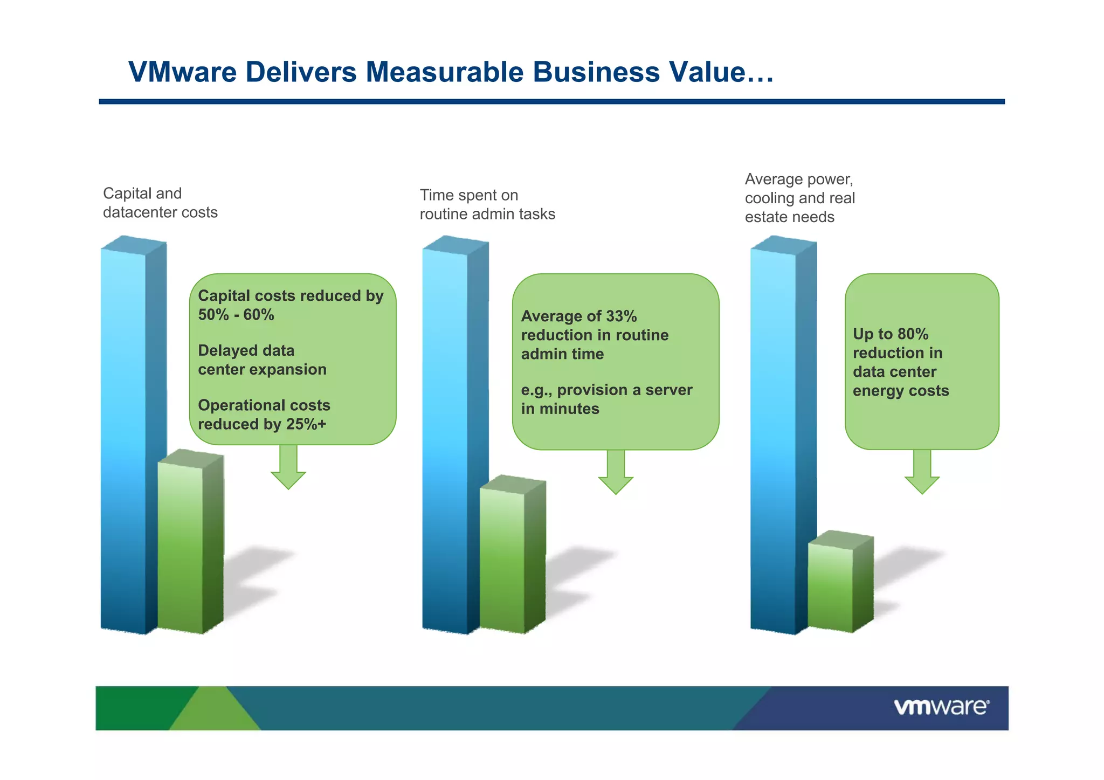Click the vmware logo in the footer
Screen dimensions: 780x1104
tap(941, 707)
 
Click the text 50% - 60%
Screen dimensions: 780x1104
tap(236, 315)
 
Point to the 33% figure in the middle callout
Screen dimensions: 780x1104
tap(621, 316)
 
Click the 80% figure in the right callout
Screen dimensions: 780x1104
tap(913, 334)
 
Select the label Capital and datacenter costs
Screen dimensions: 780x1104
tap(160, 203)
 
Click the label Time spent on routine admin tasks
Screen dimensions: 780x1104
tap(487, 205)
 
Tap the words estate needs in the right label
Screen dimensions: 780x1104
tap(789, 217)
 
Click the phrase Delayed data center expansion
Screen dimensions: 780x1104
tap(262, 360)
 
